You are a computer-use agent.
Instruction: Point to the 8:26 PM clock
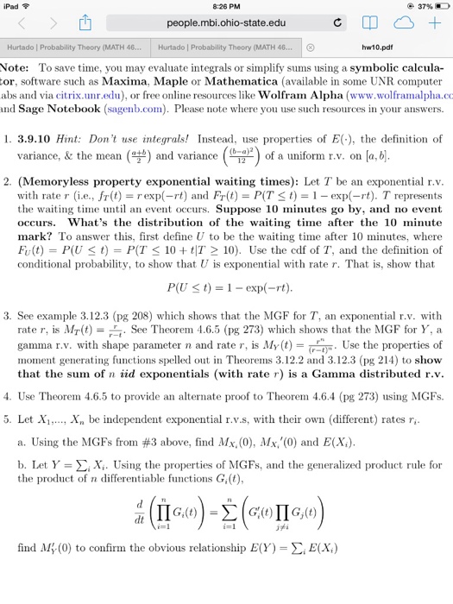[x=226, y=7]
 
